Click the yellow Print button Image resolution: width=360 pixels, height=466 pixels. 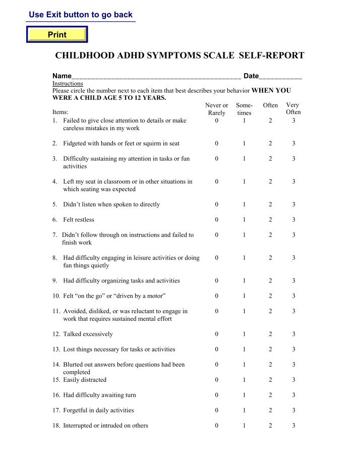[x=57, y=35]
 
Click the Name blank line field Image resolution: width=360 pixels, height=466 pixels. [x=156, y=77]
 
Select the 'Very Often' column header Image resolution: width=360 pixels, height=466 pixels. [x=293, y=108]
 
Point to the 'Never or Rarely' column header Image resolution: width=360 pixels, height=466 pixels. [x=216, y=109]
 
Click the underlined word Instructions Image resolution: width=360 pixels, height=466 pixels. [x=68, y=84]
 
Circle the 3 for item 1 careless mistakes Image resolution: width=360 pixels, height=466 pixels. [x=294, y=121]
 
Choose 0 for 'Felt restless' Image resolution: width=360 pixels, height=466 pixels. [x=216, y=220]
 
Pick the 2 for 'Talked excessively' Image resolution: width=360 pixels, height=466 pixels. [x=270, y=334]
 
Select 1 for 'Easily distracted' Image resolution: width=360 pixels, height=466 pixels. [x=244, y=380]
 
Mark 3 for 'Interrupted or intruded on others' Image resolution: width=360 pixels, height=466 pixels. [x=294, y=426]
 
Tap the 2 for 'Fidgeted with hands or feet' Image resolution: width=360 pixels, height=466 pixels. [x=270, y=144]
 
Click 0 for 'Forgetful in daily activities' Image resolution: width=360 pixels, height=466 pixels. [x=216, y=411]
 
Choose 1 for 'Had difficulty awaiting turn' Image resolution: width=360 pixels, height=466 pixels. [x=244, y=395]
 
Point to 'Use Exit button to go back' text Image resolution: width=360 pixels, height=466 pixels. [x=81, y=15]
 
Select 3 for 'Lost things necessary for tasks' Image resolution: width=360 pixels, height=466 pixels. [x=294, y=349]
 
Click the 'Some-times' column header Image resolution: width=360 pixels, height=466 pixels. [x=244, y=109]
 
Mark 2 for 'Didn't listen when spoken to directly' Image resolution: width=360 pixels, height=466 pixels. [x=270, y=205]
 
